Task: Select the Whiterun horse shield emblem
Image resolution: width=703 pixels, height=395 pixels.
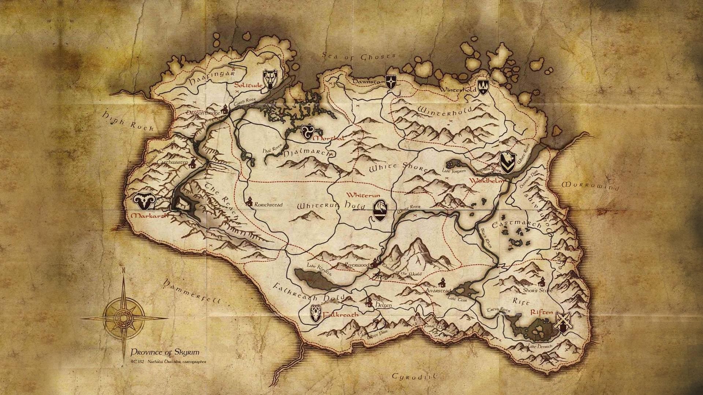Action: (x=380, y=211)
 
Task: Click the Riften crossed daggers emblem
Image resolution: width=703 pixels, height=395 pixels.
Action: (x=562, y=323)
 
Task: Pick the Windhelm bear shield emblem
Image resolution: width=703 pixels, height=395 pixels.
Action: (x=508, y=162)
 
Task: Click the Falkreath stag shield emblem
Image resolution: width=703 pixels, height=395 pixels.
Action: (x=316, y=313)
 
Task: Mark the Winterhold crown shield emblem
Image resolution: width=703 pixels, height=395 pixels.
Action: (x=483, y=88)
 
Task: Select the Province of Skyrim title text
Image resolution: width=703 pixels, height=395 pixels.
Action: (x=165, y=353)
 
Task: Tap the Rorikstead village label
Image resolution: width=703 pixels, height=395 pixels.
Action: (x=268, y=205)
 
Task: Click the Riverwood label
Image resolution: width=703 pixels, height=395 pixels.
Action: (x=357, y=264)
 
